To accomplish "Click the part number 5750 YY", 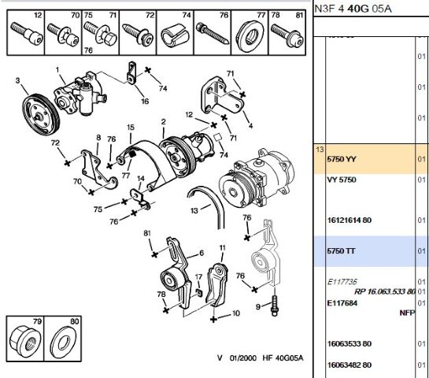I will click(x=341, y=160).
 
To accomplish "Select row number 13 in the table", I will click(x=319, y=149).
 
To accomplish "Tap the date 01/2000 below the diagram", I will click(x=242, y=358).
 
